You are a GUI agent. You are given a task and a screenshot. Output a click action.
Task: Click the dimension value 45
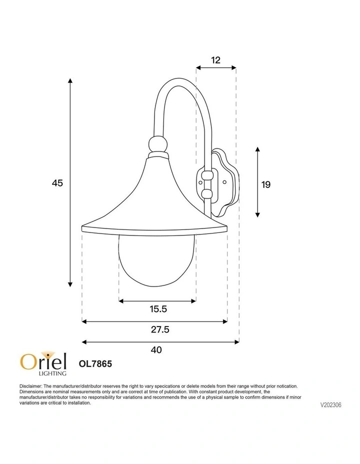57,183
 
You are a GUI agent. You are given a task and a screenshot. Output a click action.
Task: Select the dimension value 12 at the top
215,60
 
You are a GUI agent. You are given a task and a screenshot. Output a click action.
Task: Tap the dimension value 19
266,184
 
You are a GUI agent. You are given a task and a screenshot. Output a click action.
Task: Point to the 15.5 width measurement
157,309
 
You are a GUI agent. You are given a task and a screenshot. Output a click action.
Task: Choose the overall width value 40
156,350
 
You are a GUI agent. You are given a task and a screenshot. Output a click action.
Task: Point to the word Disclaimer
31,386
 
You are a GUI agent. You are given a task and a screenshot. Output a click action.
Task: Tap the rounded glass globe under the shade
156,260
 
